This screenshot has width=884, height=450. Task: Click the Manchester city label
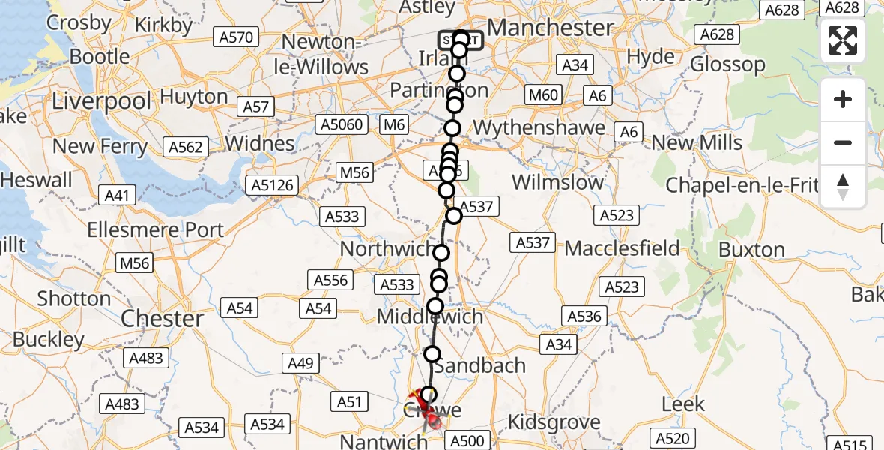click(550, 28)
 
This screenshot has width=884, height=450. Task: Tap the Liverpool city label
click(102, 100)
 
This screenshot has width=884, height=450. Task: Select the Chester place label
click(162, 318)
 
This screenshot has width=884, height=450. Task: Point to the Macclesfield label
click(622, 248)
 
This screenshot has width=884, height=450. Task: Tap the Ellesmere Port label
click(155, 229)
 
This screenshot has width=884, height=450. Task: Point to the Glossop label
click(728, 64)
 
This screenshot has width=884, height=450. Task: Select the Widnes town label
click(260, 142)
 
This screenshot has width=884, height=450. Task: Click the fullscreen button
click(843, 40)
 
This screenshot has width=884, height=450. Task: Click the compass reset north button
click(843, 187)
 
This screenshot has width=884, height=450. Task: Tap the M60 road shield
click(543, 94)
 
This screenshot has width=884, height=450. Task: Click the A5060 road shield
click(341, 124)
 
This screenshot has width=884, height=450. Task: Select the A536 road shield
click(584, 316)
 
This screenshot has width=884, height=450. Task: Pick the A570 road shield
click(235, 37)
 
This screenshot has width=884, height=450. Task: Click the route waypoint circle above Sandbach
click(432, 354)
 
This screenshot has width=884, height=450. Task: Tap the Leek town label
click(684, 404)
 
